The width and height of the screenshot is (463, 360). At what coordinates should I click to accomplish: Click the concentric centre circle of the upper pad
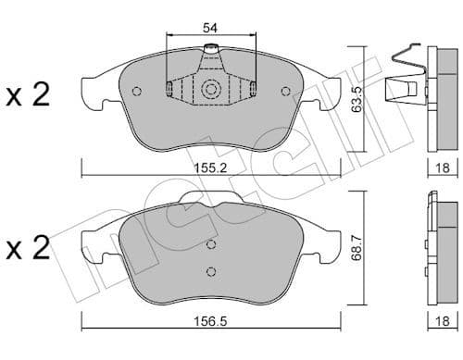[x=210, y=89]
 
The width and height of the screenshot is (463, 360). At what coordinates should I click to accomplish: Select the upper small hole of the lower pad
[x=211, y=244]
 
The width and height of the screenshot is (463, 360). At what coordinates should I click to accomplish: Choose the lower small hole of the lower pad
[x=211, y=270]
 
